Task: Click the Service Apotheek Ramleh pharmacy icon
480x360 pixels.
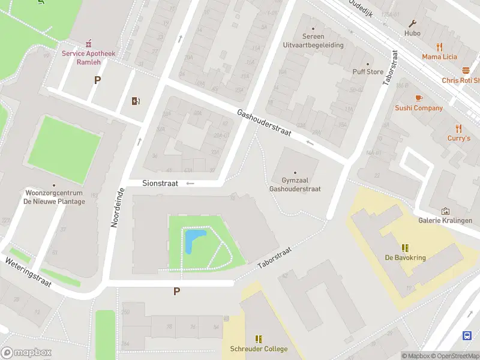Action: (89, 43)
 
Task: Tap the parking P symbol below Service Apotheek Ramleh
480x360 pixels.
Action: (97, 80)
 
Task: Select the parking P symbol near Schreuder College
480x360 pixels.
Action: (176, 292)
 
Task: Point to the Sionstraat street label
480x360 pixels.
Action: (160, 184)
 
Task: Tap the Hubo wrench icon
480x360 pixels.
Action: (413, 24)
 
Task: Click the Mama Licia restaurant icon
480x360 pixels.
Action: (439, 47)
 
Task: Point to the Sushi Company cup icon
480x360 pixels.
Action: (419, 98)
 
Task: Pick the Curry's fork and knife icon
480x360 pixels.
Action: (459, 128)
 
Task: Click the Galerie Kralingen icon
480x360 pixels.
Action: (445, 211)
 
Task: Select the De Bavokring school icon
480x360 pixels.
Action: (405, 248)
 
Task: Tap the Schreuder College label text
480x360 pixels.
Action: (259, 349)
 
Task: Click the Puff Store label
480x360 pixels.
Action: (368, 72)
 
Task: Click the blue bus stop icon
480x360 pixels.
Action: (467, 335)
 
